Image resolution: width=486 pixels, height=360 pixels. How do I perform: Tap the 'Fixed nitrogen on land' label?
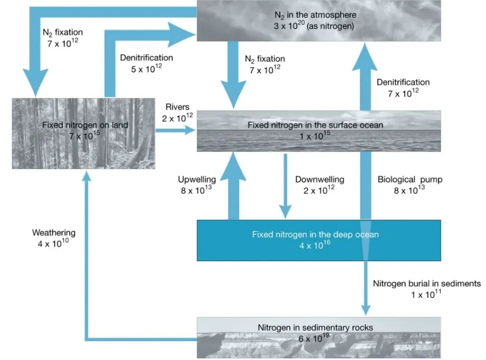coord(85,125)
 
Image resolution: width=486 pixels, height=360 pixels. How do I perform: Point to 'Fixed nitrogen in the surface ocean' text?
coord(315,125)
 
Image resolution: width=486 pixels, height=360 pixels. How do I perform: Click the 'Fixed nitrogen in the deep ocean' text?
coord(315,234)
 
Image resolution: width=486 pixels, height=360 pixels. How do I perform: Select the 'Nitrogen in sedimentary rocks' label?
coord(315,328)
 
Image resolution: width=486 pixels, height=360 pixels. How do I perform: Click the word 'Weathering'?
coord(54,233)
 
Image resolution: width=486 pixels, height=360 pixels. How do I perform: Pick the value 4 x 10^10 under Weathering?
coord(54,244)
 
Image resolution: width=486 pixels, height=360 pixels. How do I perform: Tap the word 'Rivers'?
coord(177,108)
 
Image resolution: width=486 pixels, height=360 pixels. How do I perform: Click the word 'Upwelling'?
coord(197,180)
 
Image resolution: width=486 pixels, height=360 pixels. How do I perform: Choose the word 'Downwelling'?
coord(319,180)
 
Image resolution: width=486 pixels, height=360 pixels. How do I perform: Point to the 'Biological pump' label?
coord(410,180)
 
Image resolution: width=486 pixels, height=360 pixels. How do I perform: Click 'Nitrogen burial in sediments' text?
coord(427,284)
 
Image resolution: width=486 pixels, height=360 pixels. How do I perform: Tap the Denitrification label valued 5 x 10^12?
coord(146,58)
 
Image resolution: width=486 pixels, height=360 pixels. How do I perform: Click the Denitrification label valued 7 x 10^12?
coord(403,82)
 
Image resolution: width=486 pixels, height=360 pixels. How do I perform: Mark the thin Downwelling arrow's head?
coord(284,211)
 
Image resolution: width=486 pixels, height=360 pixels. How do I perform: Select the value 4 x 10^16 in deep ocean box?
coord(315,246)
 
